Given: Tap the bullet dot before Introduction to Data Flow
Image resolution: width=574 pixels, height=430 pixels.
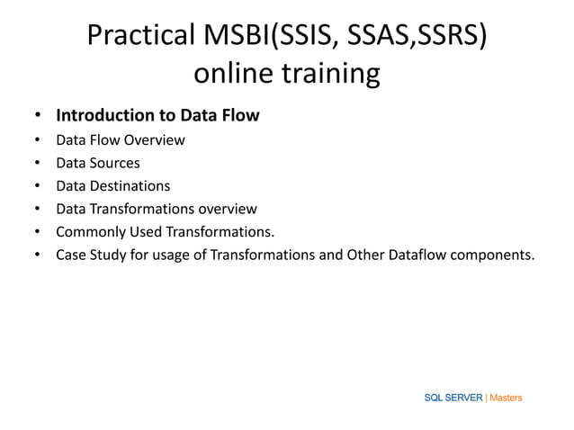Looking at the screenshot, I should (37, 117).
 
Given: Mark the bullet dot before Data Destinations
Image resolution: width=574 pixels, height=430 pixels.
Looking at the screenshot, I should (37, 187).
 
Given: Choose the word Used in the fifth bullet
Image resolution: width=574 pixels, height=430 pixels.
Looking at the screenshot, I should (142, 232).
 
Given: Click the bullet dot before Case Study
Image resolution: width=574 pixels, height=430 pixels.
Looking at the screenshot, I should (37, 255).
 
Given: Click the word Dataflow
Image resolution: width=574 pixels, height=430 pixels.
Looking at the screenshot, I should (418, 255).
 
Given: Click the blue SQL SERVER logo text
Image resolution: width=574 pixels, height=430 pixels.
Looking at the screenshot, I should (453, 398).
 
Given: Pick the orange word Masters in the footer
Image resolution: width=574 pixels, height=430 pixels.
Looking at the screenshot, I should (506, 398).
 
